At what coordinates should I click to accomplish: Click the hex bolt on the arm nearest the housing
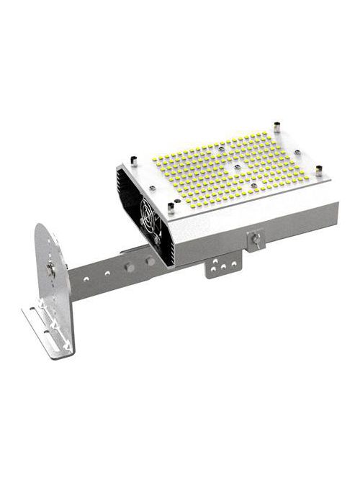pyautogui.click(x=150, y=261)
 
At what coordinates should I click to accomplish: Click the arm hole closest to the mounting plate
pyautogui.click(x=86, y=276)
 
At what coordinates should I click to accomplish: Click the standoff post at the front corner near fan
pyautogui.click(x=171, y=208)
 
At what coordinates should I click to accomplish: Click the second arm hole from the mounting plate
pyautogui.click(x=104, y=273)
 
